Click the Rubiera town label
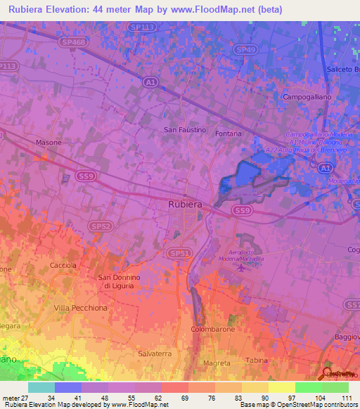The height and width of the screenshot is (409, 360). tap(185, 204)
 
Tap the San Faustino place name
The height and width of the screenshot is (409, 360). tap(185, 130)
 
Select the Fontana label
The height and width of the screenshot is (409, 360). tap(229, 134)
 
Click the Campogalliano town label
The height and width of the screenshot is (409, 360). tap(306, 96)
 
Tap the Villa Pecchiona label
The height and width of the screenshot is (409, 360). tap(81, 308)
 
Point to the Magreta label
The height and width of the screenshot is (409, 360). tap(216, 363)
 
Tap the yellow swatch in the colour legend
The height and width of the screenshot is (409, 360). tap(281, 387)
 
